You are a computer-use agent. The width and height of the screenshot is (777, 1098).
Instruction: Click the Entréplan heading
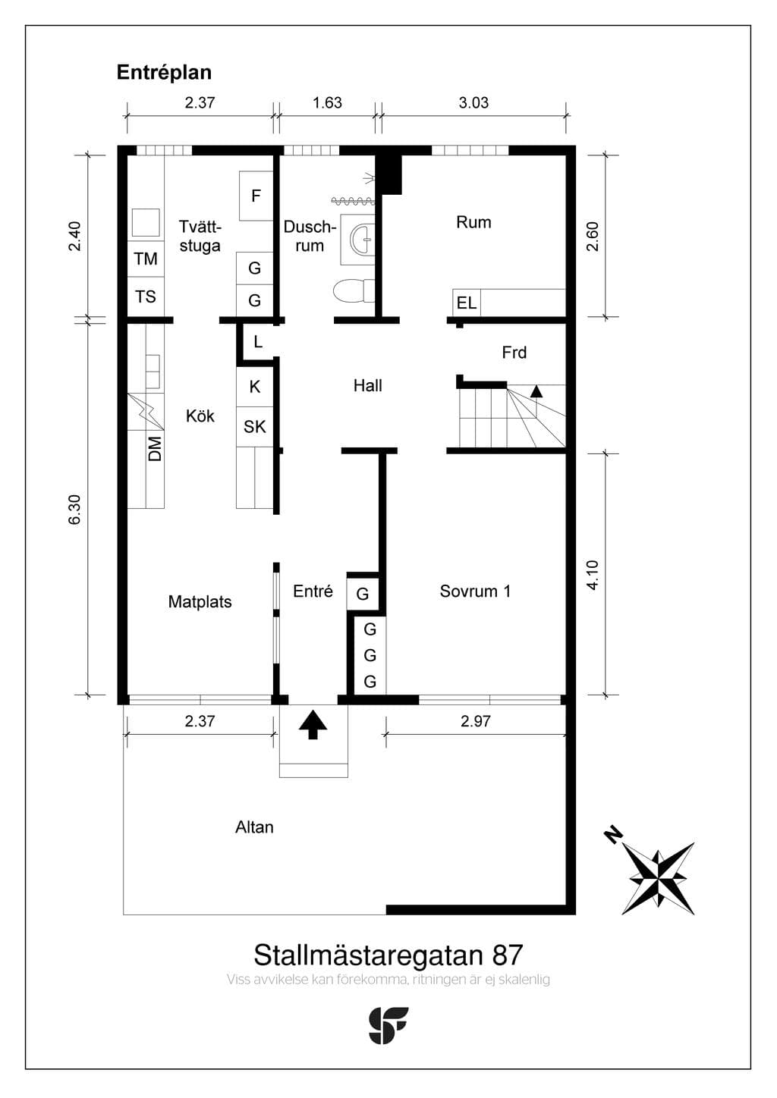(x=164, y=73)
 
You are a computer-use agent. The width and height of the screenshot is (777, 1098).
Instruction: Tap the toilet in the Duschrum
(x=354, y=290)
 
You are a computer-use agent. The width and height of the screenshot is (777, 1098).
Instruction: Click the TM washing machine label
(x=146, y=259)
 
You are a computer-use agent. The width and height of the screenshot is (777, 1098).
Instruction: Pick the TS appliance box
(x=146, y=297)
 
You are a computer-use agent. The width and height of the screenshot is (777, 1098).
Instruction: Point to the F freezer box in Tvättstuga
(x=256, y=196)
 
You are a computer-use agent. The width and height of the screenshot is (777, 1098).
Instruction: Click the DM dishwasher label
(x=155, y=448)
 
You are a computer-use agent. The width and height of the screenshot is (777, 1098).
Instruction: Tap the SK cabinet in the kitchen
(x=255, y=426)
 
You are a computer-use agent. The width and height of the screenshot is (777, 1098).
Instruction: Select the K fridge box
(x=255, y=387)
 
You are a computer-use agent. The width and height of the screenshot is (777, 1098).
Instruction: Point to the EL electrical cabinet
(x=467, y=303)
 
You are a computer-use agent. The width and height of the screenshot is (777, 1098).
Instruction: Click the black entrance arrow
(x=313, y=725)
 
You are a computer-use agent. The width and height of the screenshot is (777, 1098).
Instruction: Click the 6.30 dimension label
(x=74, y=510)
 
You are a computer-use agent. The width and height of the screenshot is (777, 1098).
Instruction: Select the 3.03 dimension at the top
(x=473, y=103)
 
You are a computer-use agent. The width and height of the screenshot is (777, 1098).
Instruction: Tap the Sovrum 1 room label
(x=475, y=591)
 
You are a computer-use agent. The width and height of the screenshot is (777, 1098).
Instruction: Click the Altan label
(x=254, y=827)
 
